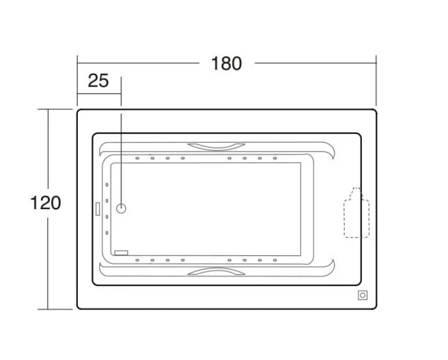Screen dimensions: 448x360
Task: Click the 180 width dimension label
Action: [226, 64]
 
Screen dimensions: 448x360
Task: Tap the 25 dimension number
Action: [98, 81]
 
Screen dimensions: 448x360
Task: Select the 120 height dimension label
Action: [45, 203]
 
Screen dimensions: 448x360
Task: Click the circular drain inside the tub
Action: [121, 209]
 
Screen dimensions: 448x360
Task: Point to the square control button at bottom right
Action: [362, 295]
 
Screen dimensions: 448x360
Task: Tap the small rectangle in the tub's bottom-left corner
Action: [121, 253]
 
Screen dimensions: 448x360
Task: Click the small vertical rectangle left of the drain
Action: [97, 209]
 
